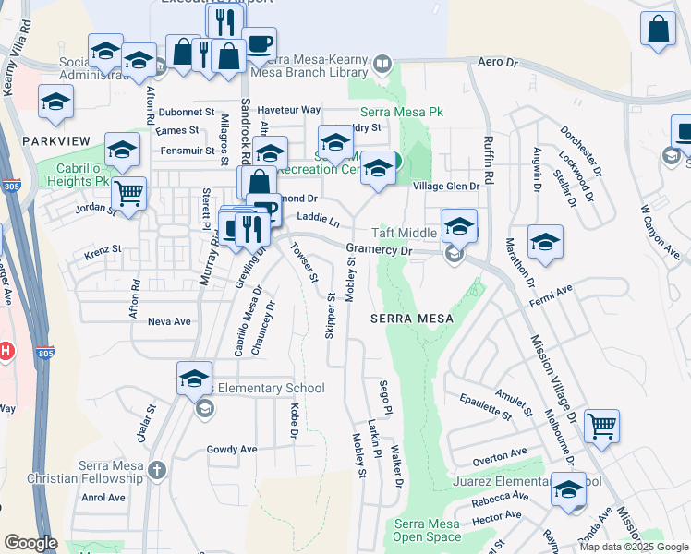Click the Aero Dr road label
pyautogui.click(x=500, y=62)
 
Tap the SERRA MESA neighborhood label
pyautogui.click(x=412, y=318)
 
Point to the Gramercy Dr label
pyautogui.click(x=377, y=249)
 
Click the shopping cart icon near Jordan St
pyautogui.click(x=129, y=194)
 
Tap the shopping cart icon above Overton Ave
pyautogui.click(x=601, y=427)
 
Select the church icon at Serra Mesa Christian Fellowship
pyautogui.click(x=157, y=471)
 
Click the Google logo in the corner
pyautogui.click(x=30, y=543)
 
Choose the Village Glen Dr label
pyautogui.click(x=445, y=186)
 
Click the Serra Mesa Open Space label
pyautogui.click(x=426, y=530)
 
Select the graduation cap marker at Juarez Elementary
pyautogui.click(x=568, y=490)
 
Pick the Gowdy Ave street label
pyautogui.click(x=232, y=450)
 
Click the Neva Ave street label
pyautogui.click(x=169, y=321)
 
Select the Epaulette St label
pyautogui.click(x=485, y=406)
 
